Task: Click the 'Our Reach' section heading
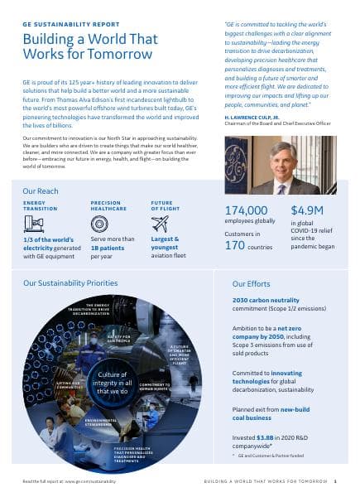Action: pyautogui.click(x=41, y=191)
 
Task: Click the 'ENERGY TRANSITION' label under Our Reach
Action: pyautogui.click(x=41, y=205)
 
